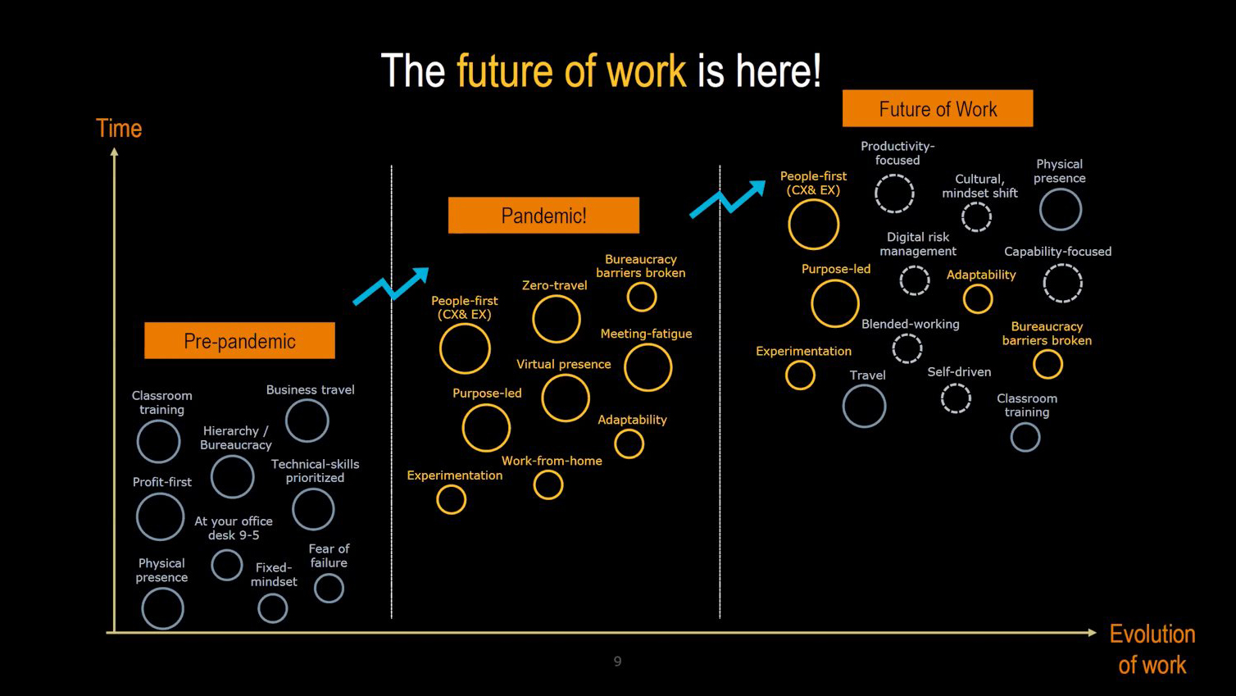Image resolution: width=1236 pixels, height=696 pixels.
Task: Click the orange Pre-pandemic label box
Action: pos(239,340)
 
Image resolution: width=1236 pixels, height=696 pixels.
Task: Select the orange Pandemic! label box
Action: pos(543,216)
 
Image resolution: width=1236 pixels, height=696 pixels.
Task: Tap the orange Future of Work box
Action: pos(938,108)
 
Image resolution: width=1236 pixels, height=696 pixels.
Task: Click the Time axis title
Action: pos(119,128)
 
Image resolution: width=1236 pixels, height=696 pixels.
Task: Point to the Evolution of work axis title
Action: pos(1152,649)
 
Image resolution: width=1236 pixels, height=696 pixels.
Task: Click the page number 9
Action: pos(617,662)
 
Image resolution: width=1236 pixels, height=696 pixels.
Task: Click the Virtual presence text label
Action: pos(563,364)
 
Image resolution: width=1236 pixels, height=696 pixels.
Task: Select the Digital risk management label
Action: pos(918,244)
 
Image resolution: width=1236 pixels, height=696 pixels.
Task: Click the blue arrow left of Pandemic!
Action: pos(390,286)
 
